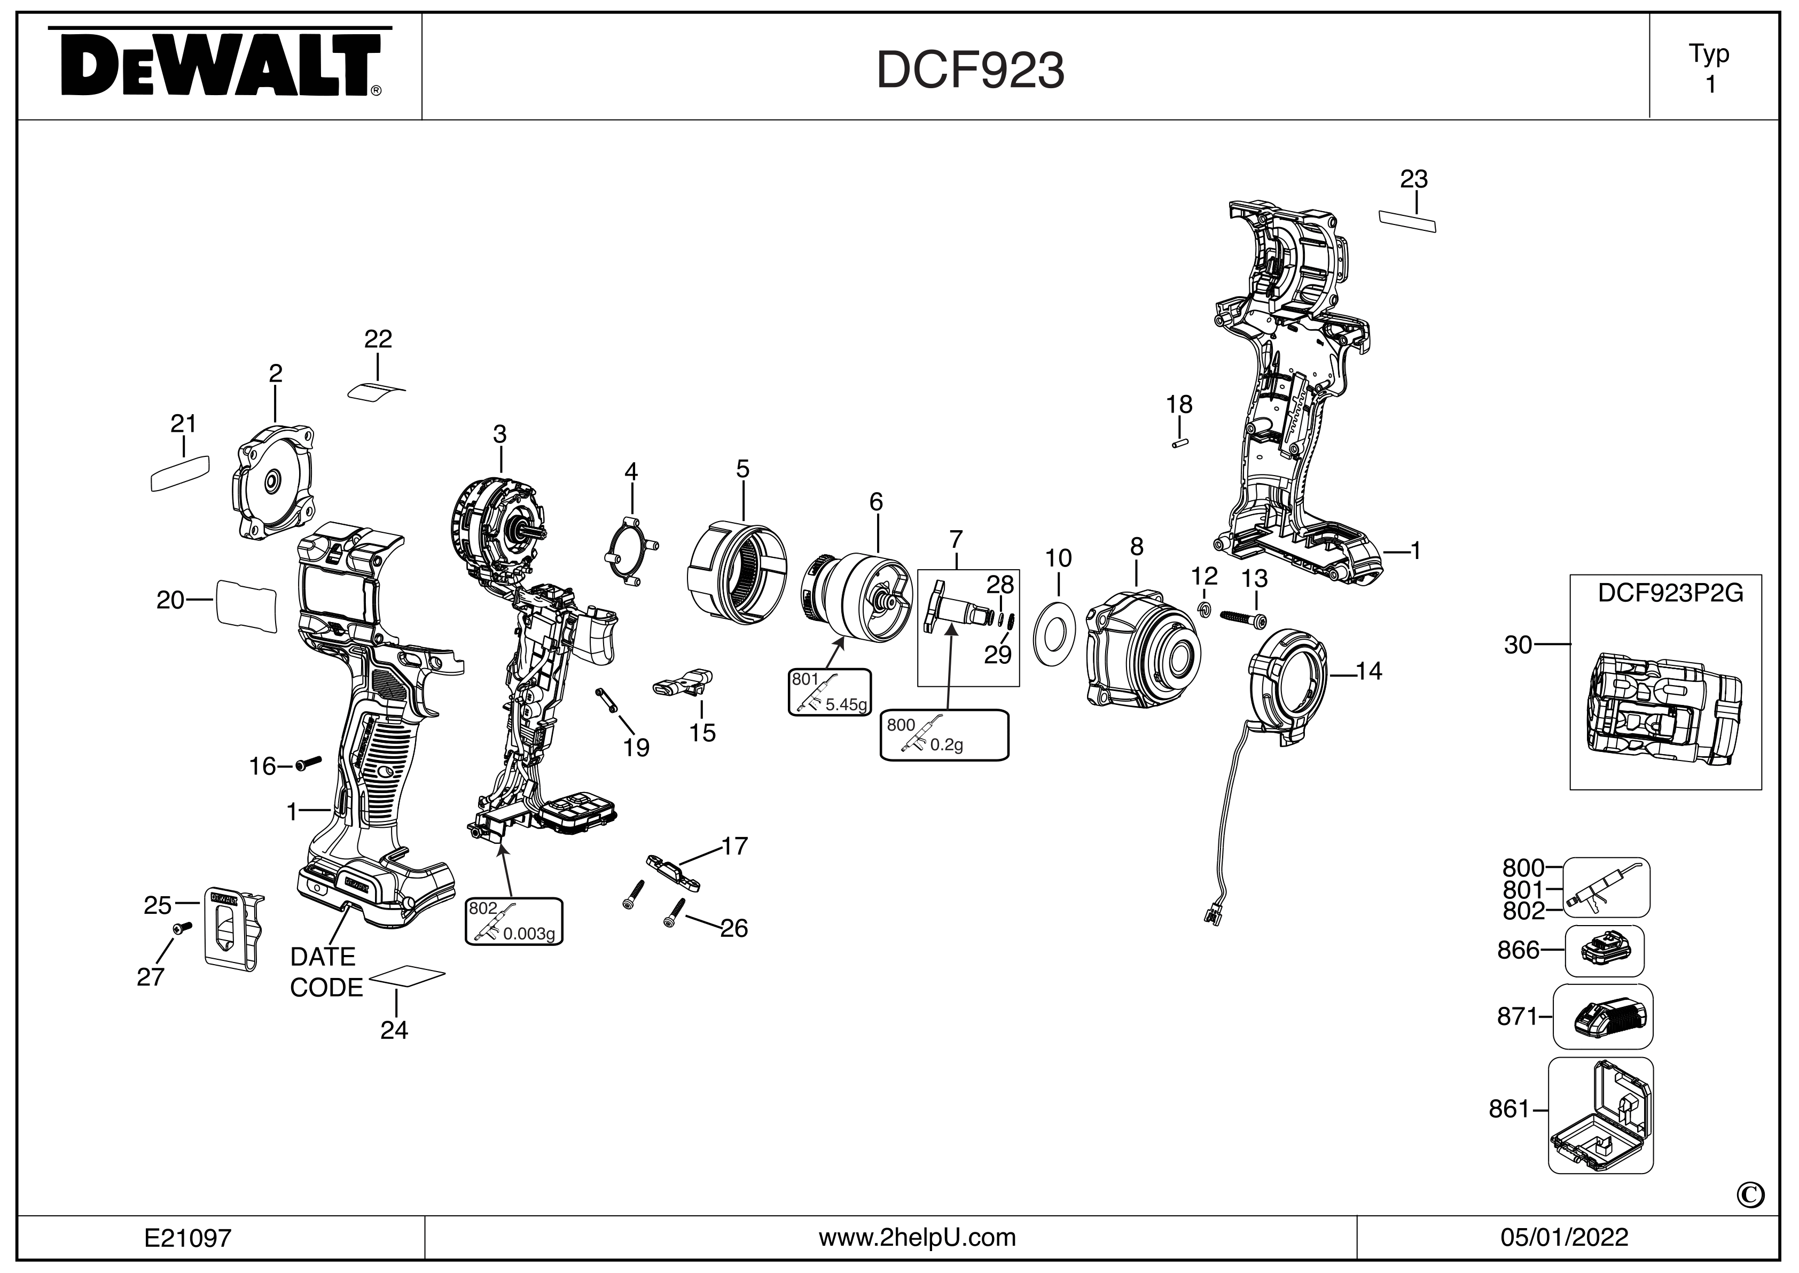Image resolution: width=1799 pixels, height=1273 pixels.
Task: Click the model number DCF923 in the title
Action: [970, 71]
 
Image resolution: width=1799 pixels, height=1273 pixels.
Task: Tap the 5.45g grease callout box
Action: [830, 692]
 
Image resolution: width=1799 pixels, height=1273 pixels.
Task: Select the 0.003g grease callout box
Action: [514, 921]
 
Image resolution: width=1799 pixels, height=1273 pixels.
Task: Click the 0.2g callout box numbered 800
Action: [944, 734]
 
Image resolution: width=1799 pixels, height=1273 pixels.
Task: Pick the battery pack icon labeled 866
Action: [1604, 951]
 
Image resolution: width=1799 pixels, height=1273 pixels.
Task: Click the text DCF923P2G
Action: [1670, 593]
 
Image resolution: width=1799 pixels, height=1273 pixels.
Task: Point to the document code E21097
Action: [188, 1238]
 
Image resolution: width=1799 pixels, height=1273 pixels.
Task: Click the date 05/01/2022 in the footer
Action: [1564, 1237]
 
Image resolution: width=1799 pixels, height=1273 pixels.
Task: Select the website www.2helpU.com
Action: [917, 1237]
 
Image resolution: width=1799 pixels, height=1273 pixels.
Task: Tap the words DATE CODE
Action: [326, 972]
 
